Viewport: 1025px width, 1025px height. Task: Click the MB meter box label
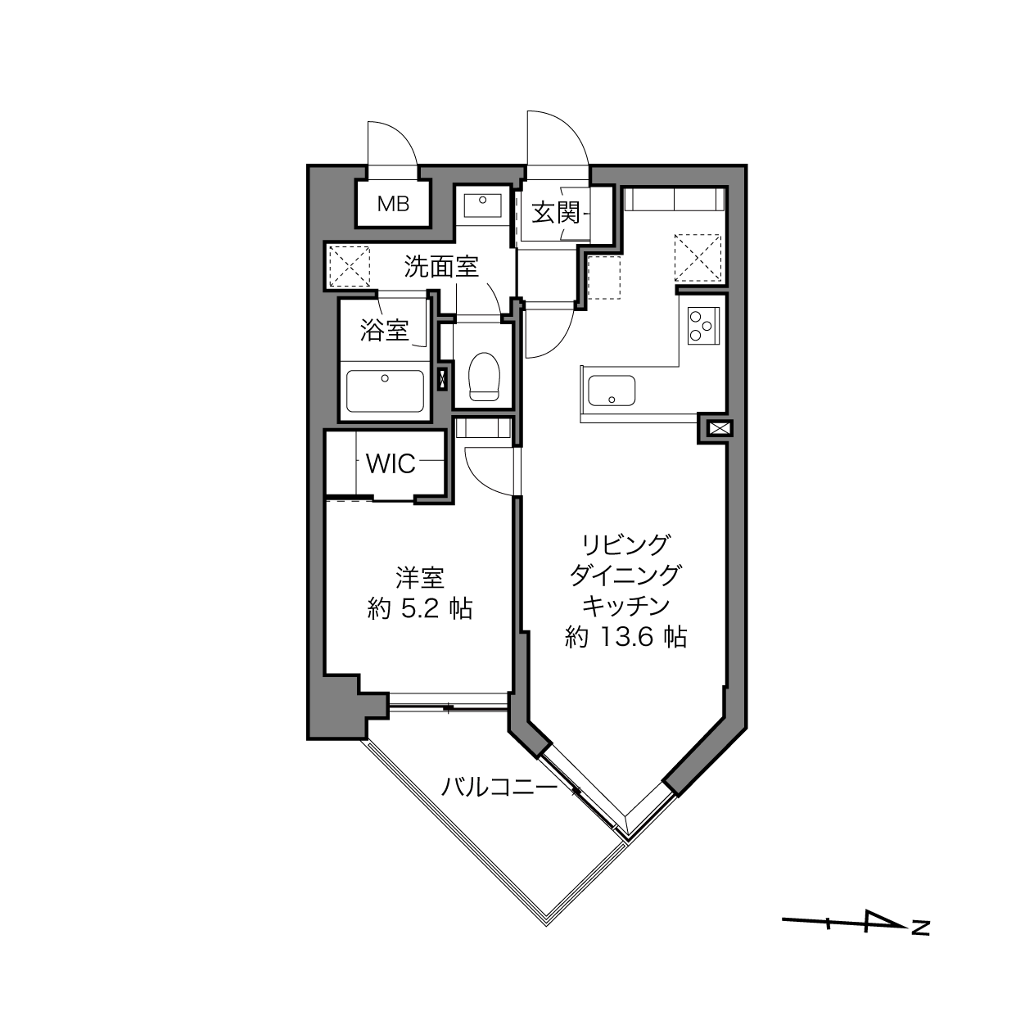pyautogui.click(x=393, y=204)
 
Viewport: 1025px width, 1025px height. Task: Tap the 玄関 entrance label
pyautogui.click(x=555, y=214)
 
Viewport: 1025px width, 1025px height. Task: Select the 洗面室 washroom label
pyautogui.click(x=441, y=267)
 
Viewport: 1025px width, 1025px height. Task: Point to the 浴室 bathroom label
pyautogui.click(x=384, y=330)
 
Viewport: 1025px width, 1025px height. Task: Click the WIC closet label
pyautogui.click(x=391, y=464)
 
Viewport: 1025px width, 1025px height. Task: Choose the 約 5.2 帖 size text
pyautogui.click(x=420, y=608)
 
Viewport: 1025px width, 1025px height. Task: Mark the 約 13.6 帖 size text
pyautogui.click(x=625, y=637)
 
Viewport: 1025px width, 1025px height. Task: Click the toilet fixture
pyautogui.click(x=484, y=376)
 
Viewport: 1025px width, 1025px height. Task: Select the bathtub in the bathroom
pyautogui.click(x=385, y=391)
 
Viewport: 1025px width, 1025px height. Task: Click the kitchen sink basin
pyautogui.click(x=611, y=391)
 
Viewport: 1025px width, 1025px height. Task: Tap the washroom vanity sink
pyautogui.click(x=482, y=205)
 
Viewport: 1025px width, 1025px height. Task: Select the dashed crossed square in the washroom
pyautogui.click(x=350, y=266)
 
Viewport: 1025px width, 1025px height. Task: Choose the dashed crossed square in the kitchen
pyautogui.click(x=698, y=257)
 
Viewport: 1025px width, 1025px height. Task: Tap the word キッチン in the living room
pyautogui.click(x=625, y=606)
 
